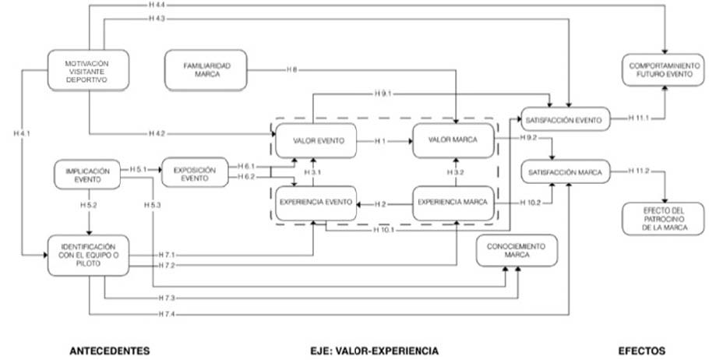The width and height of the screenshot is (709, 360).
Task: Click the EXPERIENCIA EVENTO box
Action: click(x=316, y=202)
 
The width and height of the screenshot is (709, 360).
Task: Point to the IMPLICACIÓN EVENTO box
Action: click(x=88, y=175)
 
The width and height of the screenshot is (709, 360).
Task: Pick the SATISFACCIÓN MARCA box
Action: click(x=565, y=172)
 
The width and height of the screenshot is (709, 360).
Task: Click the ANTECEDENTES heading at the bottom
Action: click(x=110, y=350)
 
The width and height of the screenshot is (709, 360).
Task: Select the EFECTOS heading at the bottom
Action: click(x=641, y=350)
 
